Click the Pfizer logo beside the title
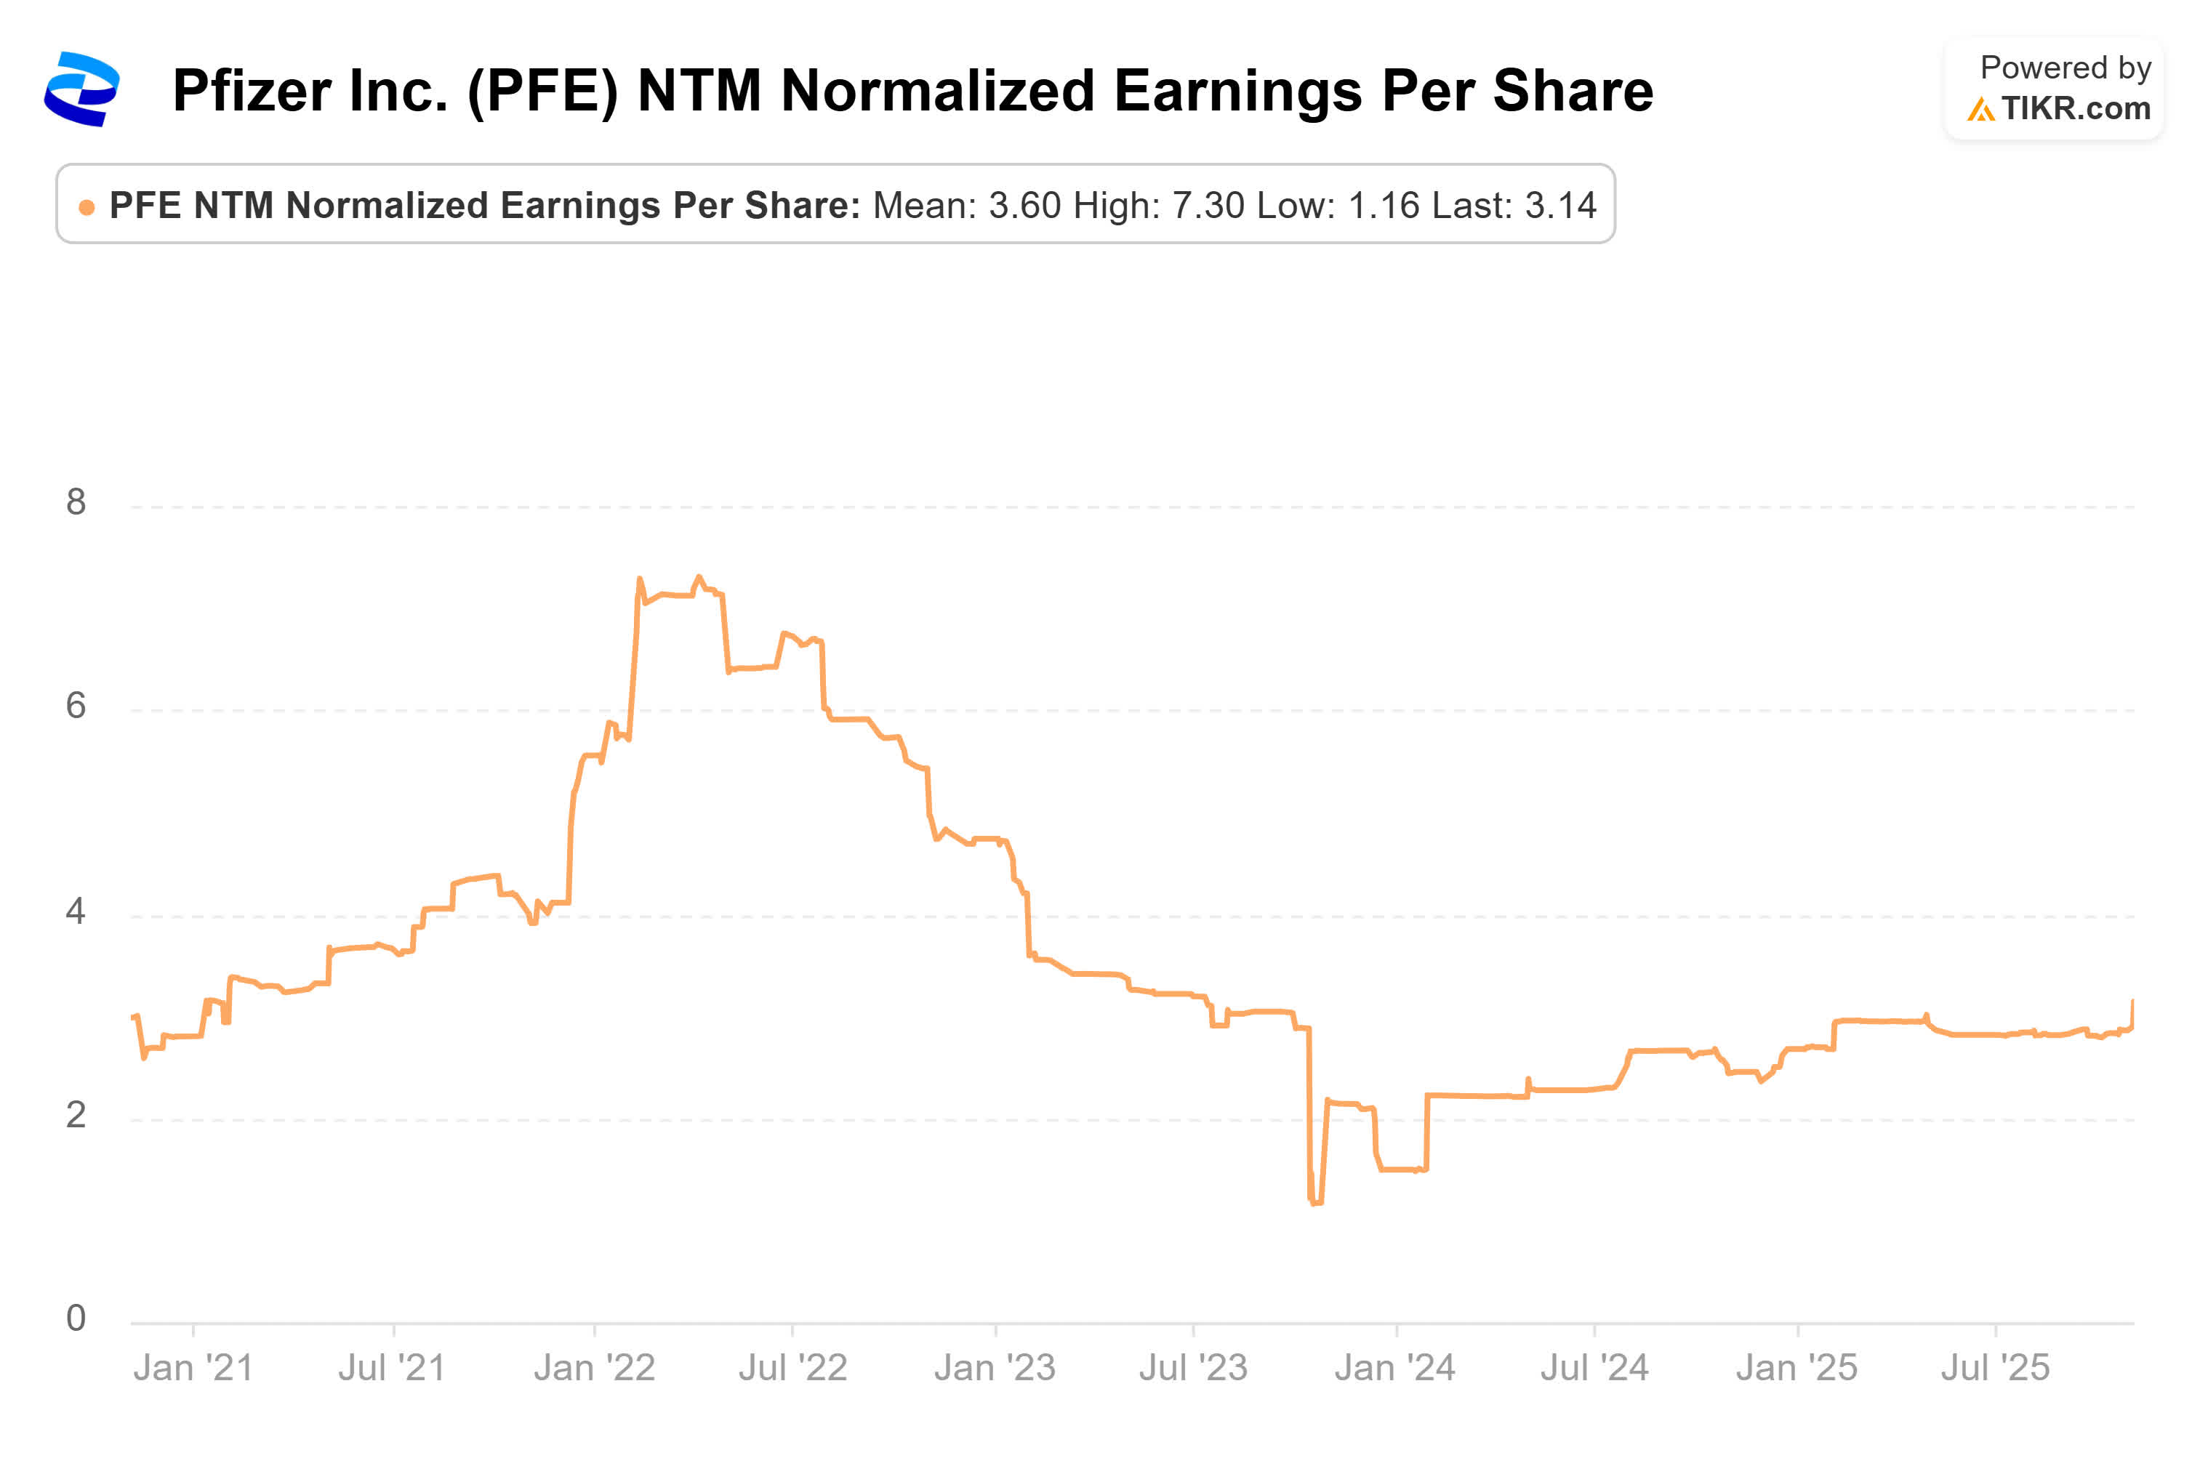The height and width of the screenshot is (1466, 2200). tap(81, 89)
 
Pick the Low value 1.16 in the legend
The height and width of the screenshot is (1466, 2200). tap(1383, 205)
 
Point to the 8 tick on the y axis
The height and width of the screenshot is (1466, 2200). tap(76, 502)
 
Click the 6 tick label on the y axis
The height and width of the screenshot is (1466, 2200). tap(76, 705)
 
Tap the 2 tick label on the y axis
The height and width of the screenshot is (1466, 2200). tap(76, 1114)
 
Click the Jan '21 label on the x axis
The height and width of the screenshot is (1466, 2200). tap(193, 1368)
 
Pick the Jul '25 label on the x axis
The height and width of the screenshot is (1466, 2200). tap(1994, 1368)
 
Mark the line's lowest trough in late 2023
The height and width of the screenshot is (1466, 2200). tap(1315, 1202)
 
